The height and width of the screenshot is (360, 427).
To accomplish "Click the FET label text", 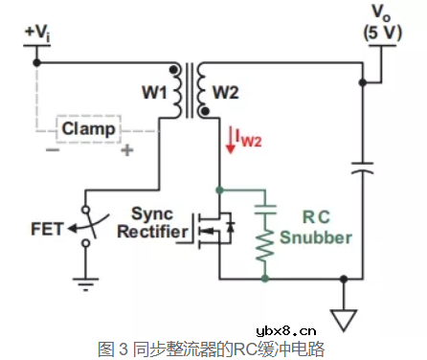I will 48,229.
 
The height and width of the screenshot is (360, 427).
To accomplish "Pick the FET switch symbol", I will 87,227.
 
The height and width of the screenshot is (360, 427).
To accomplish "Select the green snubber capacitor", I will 266,208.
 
